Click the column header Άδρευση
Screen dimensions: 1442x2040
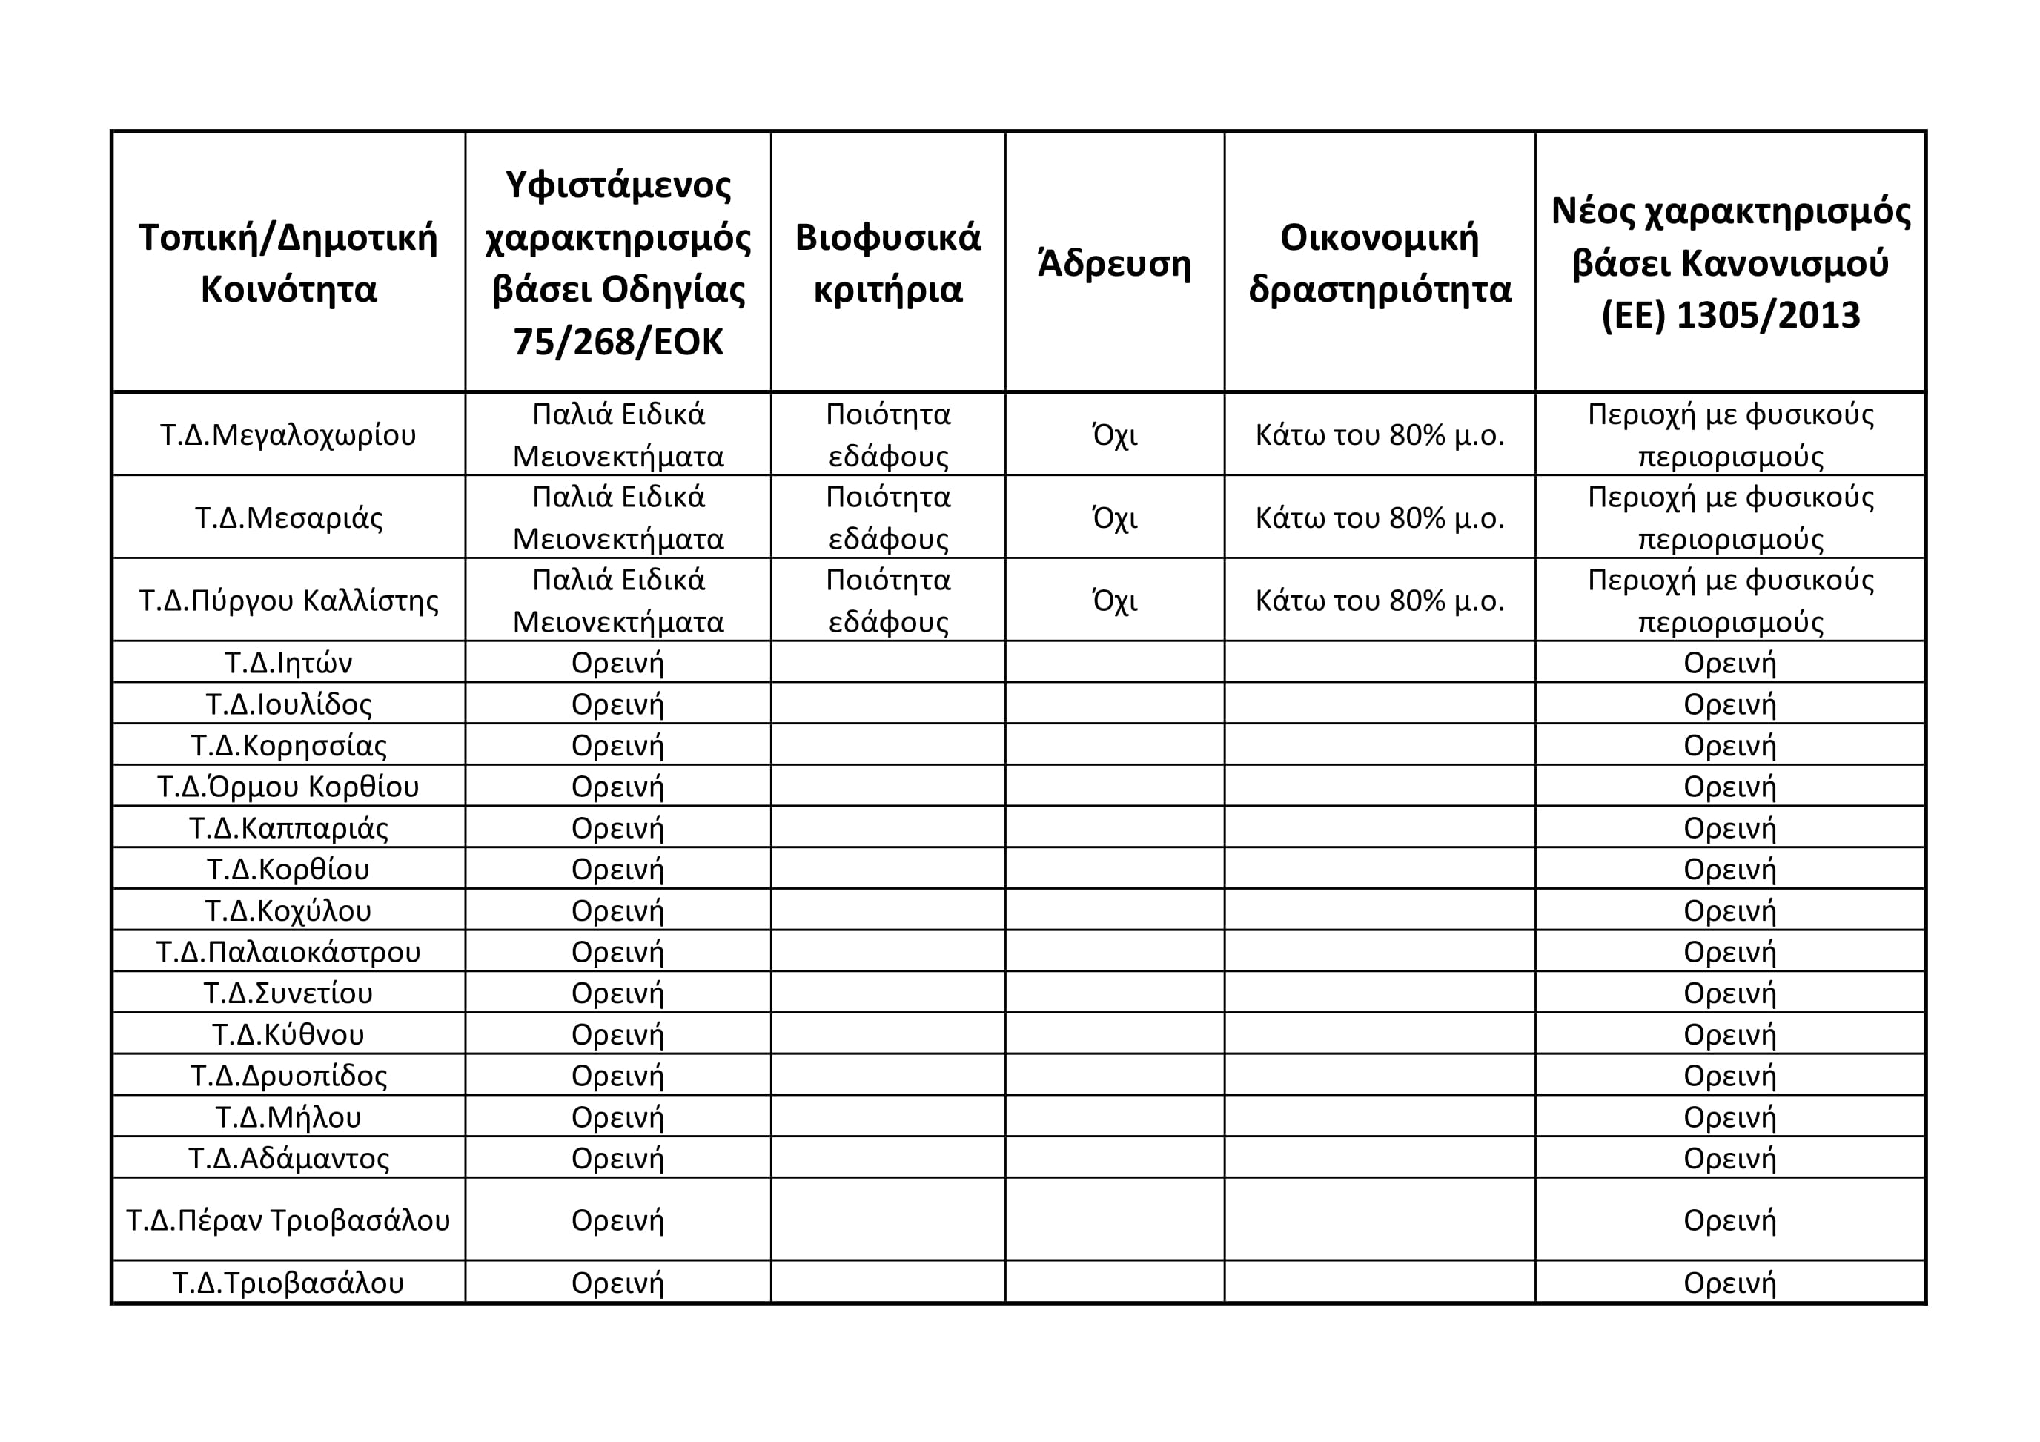click(1114, 263)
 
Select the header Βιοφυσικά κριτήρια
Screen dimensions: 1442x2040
click(887, 263)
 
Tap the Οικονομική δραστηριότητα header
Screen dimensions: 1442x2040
click(1379, 263)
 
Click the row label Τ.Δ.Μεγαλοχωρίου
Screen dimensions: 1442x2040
click(288, 434)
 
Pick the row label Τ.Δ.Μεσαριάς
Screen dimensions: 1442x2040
click(288, 517)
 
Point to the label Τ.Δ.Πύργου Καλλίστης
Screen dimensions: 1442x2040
click(288, 601)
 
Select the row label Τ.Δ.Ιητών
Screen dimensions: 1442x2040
click(288, 663)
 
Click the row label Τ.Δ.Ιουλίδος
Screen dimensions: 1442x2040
click(288, 704)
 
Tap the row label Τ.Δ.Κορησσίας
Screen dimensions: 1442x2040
click(288, 745)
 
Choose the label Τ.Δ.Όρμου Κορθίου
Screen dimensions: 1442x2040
click(288, 787)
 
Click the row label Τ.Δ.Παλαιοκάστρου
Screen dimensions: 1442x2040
click(288, 951)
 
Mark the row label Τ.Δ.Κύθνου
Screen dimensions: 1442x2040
click(288, 1034)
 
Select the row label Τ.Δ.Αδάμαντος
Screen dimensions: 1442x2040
click(288, 1159)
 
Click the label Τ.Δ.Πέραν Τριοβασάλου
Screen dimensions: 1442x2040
click(288, 1220)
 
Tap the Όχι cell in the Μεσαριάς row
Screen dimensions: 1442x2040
click(1114, 517)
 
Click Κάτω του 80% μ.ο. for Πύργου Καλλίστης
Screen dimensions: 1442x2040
click(1379, 601)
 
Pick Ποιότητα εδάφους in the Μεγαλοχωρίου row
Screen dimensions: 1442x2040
click(887, 434)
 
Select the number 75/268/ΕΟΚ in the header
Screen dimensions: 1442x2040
click(617, 341)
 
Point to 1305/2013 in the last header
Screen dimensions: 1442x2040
click(1767, 315)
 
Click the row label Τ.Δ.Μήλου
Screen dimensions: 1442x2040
click(288, 1117)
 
